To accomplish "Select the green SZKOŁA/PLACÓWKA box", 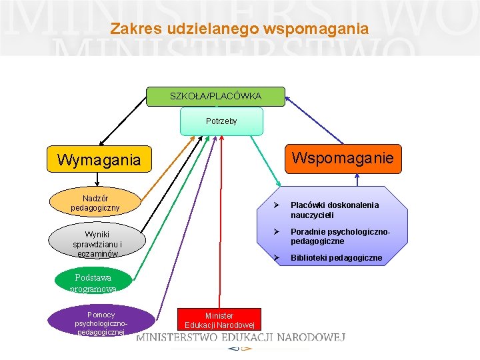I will click(215, 97).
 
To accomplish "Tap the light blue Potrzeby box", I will click(221, 121).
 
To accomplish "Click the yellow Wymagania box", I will click(99, 160).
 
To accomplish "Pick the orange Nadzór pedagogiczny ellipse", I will click(95, 203).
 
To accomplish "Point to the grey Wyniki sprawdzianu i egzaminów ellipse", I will click(97, 244).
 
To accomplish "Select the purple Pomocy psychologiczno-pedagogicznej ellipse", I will click(101, 323).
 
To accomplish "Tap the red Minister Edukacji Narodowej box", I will click(219, 319).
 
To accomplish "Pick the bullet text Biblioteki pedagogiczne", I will click(336, 258).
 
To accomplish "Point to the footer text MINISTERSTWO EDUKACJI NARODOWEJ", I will click(241, 338).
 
